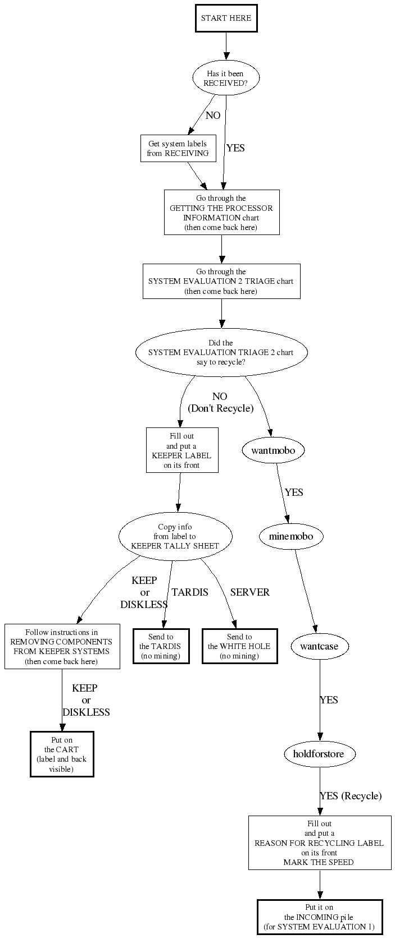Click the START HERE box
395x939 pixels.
(226, 18)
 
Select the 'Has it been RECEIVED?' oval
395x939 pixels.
(226, 78)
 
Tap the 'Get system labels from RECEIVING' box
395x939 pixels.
(178, 148)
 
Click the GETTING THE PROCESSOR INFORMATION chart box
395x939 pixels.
(221, 213)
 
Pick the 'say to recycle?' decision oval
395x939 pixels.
(221, 352)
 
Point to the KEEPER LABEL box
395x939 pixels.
(182, 450)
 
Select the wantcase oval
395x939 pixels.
(319, 646)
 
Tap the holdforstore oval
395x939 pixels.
(318, 753)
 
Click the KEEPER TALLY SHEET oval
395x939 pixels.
(175, 536)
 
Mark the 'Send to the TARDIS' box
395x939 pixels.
(161, 646)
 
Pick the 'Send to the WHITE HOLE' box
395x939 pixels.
(239, 646)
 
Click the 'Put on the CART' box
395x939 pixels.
(62, 754)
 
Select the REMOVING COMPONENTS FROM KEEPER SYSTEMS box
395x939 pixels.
(62, 646)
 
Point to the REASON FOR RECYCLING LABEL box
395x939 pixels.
(319, 843)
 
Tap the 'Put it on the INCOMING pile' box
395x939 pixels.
(319, 918)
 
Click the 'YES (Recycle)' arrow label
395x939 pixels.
(351, 796)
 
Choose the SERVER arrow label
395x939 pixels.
(250, 592)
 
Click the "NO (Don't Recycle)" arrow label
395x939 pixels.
(220, 403)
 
